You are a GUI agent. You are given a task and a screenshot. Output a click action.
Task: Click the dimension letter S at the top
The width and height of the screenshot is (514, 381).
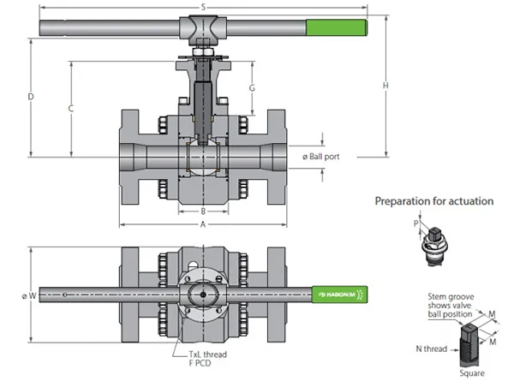[203, 7]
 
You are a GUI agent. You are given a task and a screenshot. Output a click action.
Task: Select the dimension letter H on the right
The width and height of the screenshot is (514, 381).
[385, 86]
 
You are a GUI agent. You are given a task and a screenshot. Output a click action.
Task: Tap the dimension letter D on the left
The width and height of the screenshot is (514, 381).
[31, 97]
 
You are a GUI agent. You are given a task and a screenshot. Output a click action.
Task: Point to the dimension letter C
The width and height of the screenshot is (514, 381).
[71, 109]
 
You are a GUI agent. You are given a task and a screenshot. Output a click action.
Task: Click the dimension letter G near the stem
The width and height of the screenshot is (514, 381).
[252, 88]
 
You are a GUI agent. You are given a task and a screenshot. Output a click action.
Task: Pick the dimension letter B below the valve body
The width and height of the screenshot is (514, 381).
[203, 211]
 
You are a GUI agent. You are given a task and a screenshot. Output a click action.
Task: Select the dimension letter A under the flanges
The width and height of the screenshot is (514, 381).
[203, 224]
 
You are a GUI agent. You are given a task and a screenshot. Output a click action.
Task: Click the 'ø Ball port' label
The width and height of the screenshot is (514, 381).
[320, 157]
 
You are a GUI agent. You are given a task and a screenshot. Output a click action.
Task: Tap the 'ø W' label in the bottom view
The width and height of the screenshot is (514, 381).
[29, 296]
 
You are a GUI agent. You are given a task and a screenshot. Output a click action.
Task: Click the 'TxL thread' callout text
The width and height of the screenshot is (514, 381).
[207, 354]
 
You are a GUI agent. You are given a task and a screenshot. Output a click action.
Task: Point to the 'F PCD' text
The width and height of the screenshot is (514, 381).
[200, 363]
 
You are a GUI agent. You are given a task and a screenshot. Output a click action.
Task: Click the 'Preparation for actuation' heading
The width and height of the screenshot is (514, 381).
[434, 201]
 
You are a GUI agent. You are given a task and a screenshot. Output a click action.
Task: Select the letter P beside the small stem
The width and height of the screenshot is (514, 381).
[416, 223]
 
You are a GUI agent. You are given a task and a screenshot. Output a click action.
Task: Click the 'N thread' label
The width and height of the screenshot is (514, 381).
[432, 349]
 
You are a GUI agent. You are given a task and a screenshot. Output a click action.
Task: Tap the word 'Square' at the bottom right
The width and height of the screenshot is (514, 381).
[472, 373]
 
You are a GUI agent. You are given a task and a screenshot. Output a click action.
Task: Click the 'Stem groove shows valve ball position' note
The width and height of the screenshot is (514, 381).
[451, 306]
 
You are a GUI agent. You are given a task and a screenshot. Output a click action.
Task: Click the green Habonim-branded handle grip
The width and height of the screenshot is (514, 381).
[339, 295]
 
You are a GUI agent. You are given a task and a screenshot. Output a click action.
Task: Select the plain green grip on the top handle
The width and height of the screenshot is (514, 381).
[337, 27]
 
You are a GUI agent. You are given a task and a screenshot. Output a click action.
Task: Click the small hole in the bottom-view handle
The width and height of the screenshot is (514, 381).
[64, 295]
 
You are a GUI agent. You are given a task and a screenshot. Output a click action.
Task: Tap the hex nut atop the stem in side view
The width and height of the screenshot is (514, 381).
[203, 52]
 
